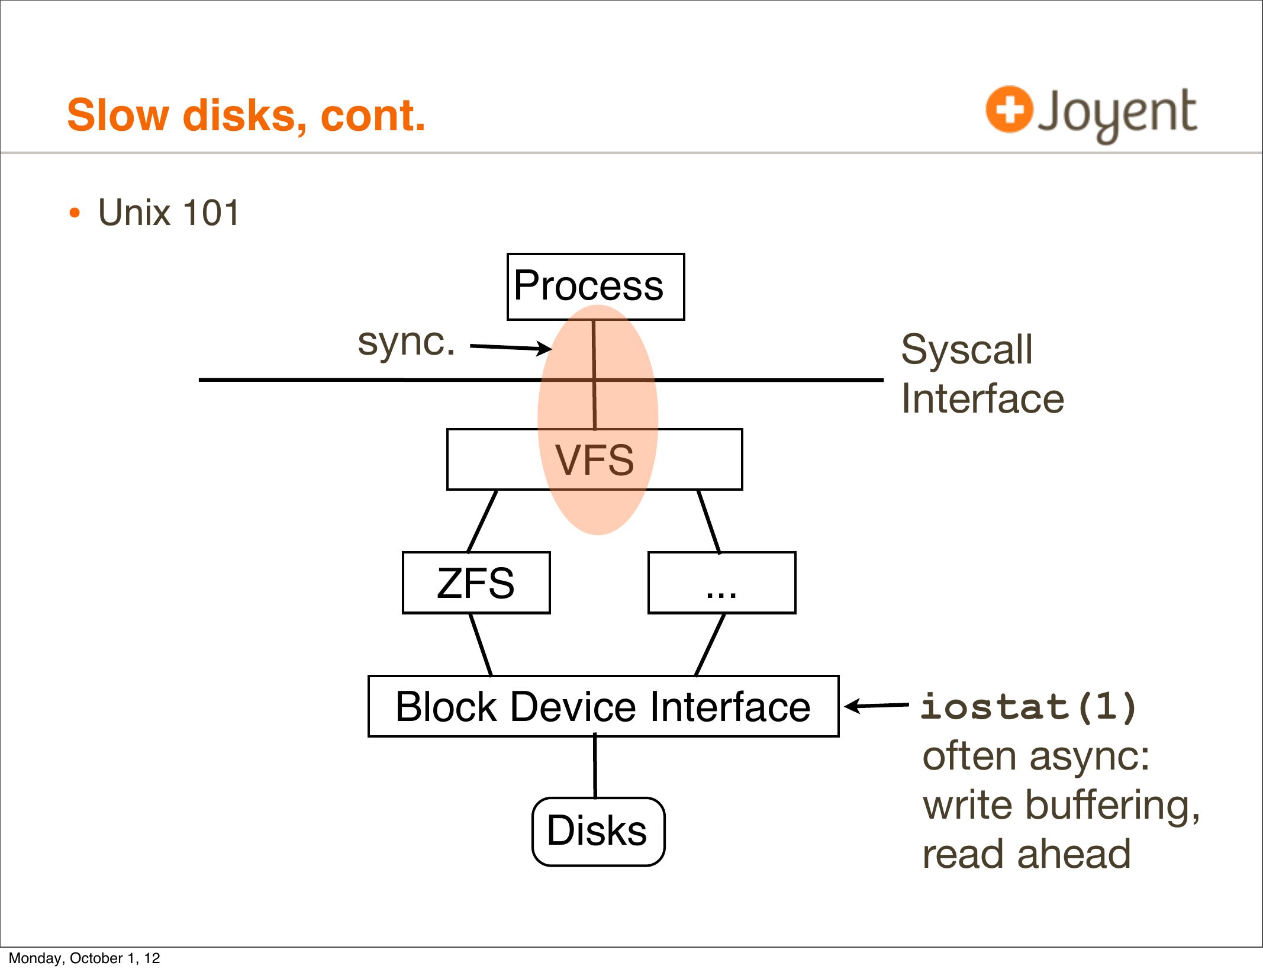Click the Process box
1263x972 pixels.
tap(595, 287)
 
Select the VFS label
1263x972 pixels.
tap(594, 460)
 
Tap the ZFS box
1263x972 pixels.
tap(476, 582)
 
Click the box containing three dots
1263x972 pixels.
tap(721, 582)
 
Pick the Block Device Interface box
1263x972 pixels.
tap(603, 706)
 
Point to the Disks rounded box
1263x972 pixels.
tap(598, 831)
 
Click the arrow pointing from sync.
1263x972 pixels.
tap(510, 347)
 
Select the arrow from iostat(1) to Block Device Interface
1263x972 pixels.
tap(877, 705)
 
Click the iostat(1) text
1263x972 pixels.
tap(1029, 706)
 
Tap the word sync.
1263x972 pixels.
tap(406, 342)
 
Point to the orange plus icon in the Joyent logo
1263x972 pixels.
tap(1009, 110)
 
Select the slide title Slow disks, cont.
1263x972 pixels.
tap(246, 115)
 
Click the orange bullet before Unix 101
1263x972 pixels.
tap(74, 213)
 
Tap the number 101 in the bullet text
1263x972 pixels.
tap(211, 213)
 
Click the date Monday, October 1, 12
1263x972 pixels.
tap(85, 958)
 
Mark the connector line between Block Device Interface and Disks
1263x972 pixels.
tap(595, 767)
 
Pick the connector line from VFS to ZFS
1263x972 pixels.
tap(482, 521)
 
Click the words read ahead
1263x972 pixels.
tap(1026, 854)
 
